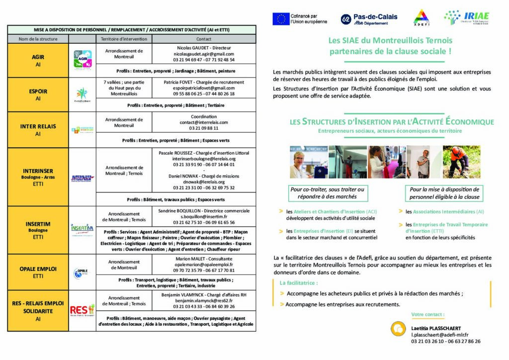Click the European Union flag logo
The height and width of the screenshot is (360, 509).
(281, 19)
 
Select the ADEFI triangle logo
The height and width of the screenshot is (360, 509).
(422, 17)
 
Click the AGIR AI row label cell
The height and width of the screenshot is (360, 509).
(38, 60)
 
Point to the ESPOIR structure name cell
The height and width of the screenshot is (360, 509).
(38, 94)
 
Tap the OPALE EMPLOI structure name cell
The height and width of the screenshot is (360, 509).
(38, 272)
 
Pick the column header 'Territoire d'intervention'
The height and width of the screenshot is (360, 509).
(124, 39)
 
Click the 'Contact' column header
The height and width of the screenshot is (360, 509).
(204, 39)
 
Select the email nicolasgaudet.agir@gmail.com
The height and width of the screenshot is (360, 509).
(204, 54)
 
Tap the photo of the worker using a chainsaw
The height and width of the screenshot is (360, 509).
(455, 162)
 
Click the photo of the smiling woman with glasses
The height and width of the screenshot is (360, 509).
(308, 162)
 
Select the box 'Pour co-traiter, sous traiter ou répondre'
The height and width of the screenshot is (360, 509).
(327, 193)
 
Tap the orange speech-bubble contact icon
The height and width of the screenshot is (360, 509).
(397, 329)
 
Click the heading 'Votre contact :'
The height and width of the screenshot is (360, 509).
(428, 314)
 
